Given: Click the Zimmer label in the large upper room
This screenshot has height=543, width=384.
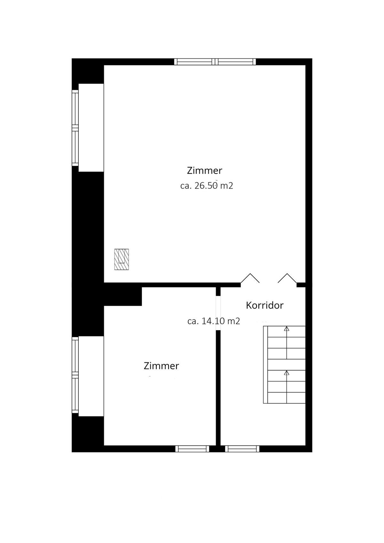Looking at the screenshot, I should click(204, 170).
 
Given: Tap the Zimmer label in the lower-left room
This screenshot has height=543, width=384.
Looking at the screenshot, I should click(161, 366).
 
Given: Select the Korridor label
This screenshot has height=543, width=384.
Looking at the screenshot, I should click(265, 305).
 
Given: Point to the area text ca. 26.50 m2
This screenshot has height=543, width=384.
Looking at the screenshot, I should click(207, 186).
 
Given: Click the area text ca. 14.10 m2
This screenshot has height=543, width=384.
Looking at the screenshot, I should click(214, 321).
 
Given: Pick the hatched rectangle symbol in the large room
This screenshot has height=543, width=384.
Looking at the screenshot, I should click(122, 259).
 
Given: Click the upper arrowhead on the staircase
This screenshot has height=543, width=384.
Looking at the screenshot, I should click(287, 328).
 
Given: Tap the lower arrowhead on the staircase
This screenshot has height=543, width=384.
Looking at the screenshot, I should click(287, 373).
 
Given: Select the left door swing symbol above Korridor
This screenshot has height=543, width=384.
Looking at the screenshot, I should click(250, 278).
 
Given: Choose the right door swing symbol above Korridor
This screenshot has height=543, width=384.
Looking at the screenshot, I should click(287, 278).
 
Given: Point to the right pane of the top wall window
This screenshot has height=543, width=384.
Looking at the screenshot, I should click(236, 62).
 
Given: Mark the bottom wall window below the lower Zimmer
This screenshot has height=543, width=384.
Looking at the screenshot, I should click(192, 449).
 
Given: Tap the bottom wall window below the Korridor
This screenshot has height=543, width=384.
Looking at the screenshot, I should click(242, 449).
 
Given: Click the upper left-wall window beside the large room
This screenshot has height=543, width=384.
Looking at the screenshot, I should click(75, 128).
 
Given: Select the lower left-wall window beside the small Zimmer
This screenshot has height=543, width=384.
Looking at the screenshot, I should click(75, 375).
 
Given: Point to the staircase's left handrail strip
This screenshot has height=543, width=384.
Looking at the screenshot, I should click(265, 365).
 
